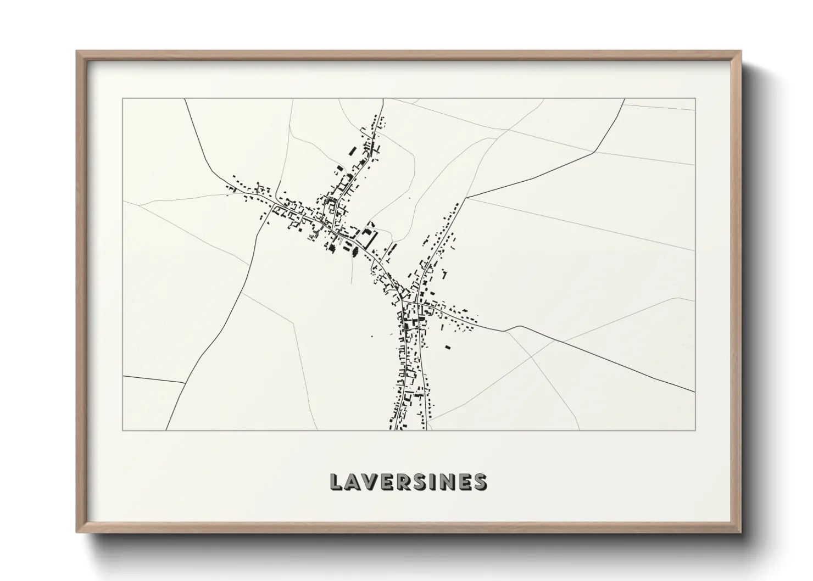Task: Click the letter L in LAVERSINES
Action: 336,482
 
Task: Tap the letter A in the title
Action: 353,482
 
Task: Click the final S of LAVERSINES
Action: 480,482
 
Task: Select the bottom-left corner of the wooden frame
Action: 76,532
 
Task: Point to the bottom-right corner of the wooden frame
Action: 740,532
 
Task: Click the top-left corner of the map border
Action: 122,98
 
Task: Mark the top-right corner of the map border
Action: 695,98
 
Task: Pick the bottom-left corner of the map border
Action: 122,430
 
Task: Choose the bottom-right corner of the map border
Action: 695,430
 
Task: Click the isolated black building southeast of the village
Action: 448,347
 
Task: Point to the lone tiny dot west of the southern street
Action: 372,336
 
